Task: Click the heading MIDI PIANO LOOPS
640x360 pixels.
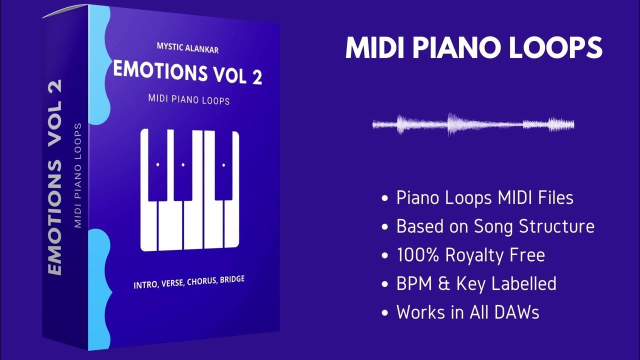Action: pyautogui.click(x=473, y=48)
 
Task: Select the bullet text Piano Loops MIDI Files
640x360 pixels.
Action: pyautogui.click(x=484, y=198)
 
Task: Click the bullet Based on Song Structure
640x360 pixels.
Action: pyautogui.click(x=495, y=226)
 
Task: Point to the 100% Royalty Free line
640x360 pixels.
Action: pyautogui.click(x=470, y=255)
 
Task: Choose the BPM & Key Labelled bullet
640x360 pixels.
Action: pyautogui.click(x=476, y=284)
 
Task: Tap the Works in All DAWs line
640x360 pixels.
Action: pyautogui.click(x=467, y=312)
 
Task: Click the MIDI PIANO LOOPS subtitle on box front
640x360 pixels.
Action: pyautogui.click(x=189, y=99)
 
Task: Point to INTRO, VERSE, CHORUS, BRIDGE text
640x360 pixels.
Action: pyautogui.click(x=189, y=283)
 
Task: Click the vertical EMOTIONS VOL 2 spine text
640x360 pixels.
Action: pyautogui.click(x=55, y=177)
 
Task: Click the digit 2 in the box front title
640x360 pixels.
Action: pyautogui.click(x=256, y=77)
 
